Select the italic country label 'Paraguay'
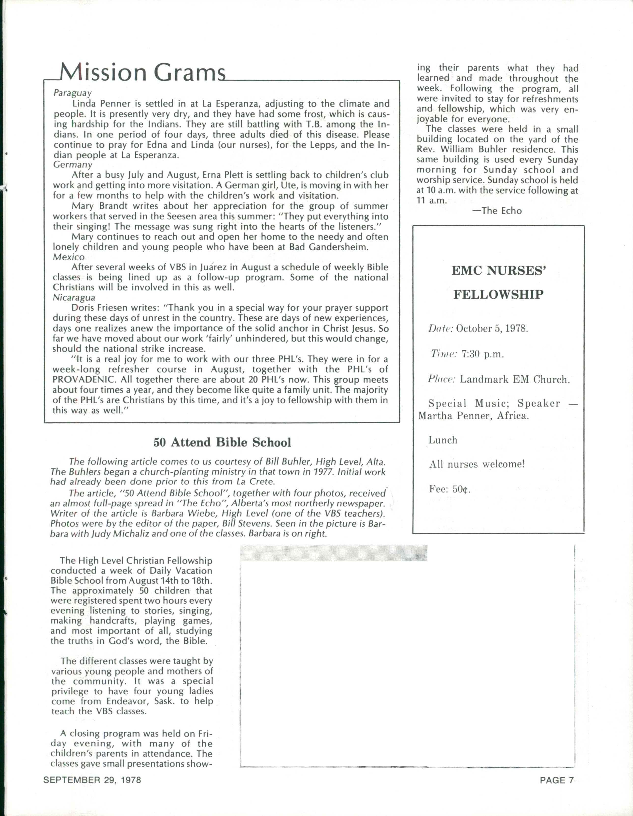click(72, 93)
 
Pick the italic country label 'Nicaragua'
click(74, 297)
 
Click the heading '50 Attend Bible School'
click(222, 442)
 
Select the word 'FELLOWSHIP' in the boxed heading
click(498, 295)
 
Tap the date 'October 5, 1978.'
click(492, 329)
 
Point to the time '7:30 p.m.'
click(483, 354)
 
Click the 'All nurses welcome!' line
click(477, 464)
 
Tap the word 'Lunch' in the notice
click(443, 440)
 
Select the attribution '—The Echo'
click(497, 211)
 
